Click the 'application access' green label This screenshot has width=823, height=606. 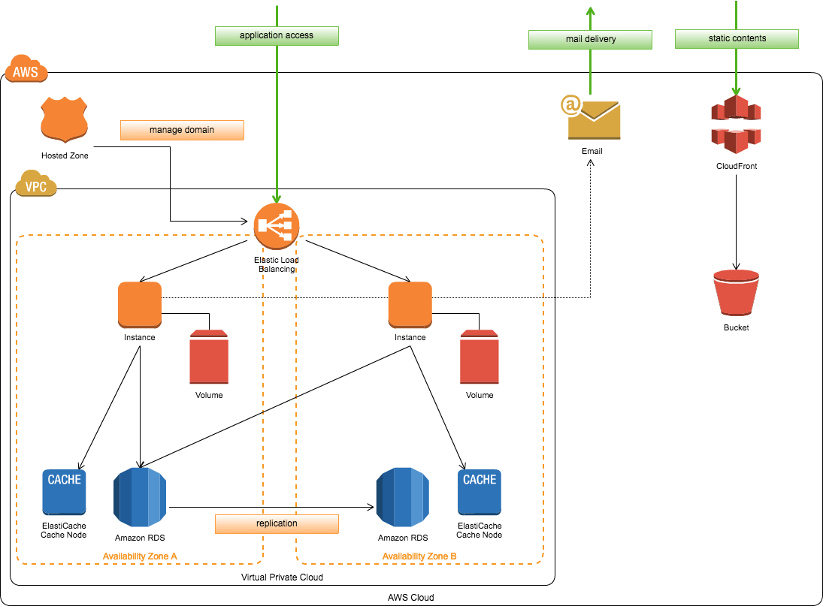pos(277,36)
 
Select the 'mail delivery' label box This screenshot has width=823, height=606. pos(590,40)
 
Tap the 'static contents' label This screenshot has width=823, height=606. pos(737,39)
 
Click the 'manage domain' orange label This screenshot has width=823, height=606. pos(182,130)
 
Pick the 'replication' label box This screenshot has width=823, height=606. pos(277,523)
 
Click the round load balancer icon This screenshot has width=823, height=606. pos(277,225)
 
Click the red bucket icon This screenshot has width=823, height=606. pos(736,292)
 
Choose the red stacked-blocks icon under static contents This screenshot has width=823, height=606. pos(736,124)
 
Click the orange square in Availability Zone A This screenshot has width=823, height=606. pos(140,305)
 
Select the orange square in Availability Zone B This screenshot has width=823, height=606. pos(410,305)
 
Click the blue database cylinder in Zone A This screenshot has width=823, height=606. pos(140,497)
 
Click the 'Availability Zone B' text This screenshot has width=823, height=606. pos(419,556)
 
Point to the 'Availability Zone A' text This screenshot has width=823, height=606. pos(140,556)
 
